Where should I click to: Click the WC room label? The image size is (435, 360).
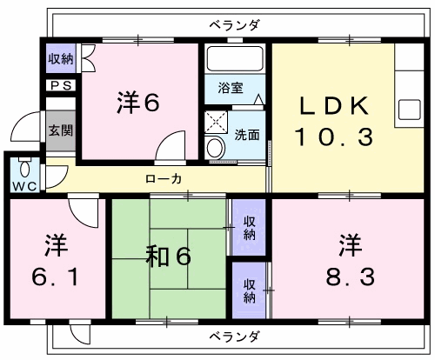[x=25, y=186]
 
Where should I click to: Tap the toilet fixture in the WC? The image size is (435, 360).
[x=25, y=167]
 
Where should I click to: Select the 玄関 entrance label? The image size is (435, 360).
[x=61, y=130]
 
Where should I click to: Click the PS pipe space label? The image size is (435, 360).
[x=61, y=86]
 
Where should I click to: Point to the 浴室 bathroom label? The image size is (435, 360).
[x=231, y=88]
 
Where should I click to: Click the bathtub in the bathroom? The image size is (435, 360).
[x=235, y=58]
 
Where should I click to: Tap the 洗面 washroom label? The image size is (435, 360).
[x=247, y=135]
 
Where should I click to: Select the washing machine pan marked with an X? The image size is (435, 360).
[x=217, y=122]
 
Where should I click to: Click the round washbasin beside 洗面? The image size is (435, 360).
[x=216, y=148]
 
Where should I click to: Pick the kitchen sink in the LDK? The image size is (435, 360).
[x=410, y=110]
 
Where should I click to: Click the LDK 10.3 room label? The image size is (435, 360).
[x=334, y=121]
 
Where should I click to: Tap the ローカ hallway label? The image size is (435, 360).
[x=164, y=179]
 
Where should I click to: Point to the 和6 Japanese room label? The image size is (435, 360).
[x=169, y=256]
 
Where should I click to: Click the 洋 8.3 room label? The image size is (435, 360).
[x=351, y=260]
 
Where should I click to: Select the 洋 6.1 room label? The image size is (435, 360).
[x=56, y=260]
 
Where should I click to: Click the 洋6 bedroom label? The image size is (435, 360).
[x=138, y=102]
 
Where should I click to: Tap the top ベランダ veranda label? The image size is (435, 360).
[x=235, y=25]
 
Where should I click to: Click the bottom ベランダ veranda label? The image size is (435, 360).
[x=234, y=337]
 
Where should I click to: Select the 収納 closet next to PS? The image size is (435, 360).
[x=61, y=58]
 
